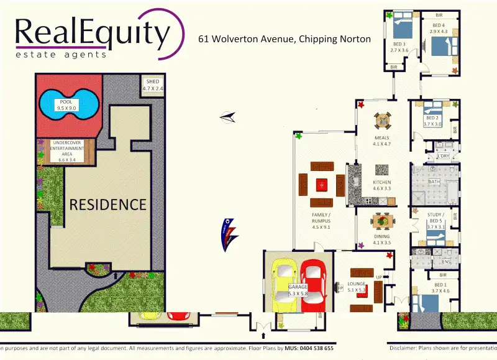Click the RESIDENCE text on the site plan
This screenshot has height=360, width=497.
click(107, 205)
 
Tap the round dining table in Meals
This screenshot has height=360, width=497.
click(382, 121)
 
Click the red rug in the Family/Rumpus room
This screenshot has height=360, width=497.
click(321, 184)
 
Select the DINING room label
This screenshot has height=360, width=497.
click(381, 239)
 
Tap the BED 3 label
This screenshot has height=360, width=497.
click(398, 43)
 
